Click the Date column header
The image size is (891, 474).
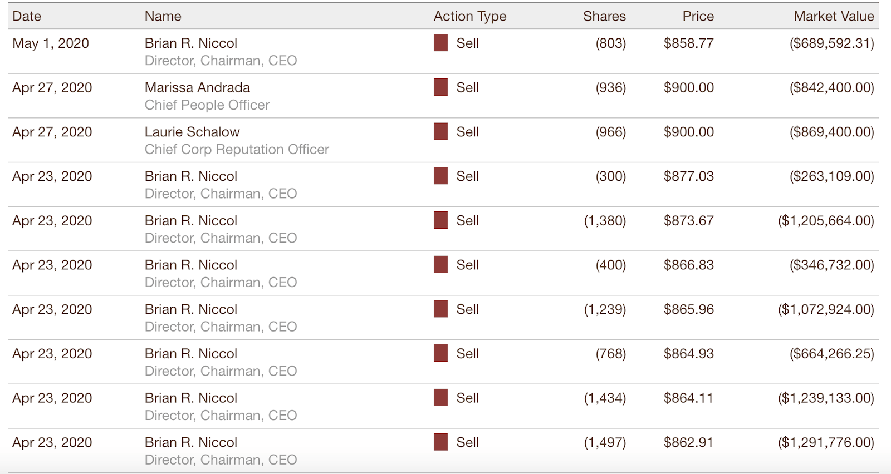point(27,16)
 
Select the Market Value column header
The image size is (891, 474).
point(834,16)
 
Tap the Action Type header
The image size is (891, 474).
point(469,16)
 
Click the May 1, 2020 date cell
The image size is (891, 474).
point(51,43)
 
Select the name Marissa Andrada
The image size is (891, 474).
point(197,87)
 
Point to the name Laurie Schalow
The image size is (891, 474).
point(192,132)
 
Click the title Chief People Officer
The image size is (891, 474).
point(207,105)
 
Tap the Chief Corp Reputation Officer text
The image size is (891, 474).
point(237,149)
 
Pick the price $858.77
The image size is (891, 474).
point(688,43)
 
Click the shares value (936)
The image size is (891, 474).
point(610,87)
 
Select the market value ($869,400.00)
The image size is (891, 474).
point(831,132)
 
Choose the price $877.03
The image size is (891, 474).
point(688,176)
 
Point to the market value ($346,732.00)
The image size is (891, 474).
point(831,265)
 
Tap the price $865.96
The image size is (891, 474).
point(688,309)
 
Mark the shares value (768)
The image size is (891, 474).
point(610,354)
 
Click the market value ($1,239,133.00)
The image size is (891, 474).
point(826,398)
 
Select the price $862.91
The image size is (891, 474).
point(688,442)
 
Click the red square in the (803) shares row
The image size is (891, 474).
point(440,43)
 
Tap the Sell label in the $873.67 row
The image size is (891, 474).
point(467,221)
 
